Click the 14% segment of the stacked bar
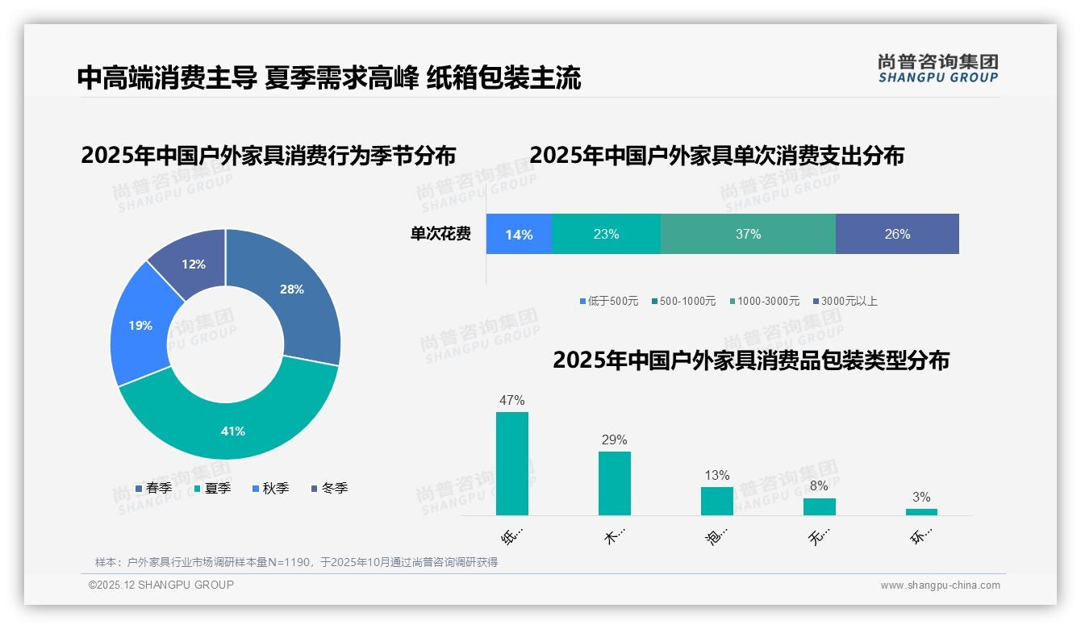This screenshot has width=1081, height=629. click(519, 235)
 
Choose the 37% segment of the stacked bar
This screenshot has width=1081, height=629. click(748, 235)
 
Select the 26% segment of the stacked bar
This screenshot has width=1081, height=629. click(897, 235)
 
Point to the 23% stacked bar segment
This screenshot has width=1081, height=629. click(606, 235)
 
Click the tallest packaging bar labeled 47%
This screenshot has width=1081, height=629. click(511, 464)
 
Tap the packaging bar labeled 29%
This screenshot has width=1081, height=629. click(614, 483)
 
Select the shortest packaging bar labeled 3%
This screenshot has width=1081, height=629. click(921, 511)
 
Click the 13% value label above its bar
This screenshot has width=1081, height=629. click(716, 475)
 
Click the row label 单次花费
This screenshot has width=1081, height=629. click(440, 235)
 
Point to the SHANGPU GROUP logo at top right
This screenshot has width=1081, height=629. click(937, 68)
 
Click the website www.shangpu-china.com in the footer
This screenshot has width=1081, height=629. click(940, 585)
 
